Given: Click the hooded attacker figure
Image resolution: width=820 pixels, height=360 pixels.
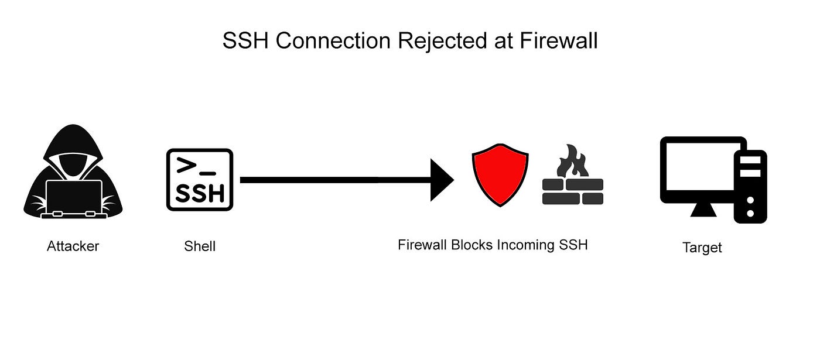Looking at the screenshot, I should click(73, 152).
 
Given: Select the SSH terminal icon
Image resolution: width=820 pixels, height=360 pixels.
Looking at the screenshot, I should click(200, 179).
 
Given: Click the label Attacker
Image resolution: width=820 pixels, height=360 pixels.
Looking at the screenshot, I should click(73, 246).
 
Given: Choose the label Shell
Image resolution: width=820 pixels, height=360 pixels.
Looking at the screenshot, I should click(200, 246).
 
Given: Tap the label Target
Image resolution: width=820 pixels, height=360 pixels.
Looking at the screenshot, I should click(702, 248).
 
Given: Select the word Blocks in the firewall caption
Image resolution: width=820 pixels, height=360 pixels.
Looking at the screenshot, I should click(472, 245).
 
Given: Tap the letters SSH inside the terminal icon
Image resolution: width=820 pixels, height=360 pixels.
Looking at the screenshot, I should click(200, 193).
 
